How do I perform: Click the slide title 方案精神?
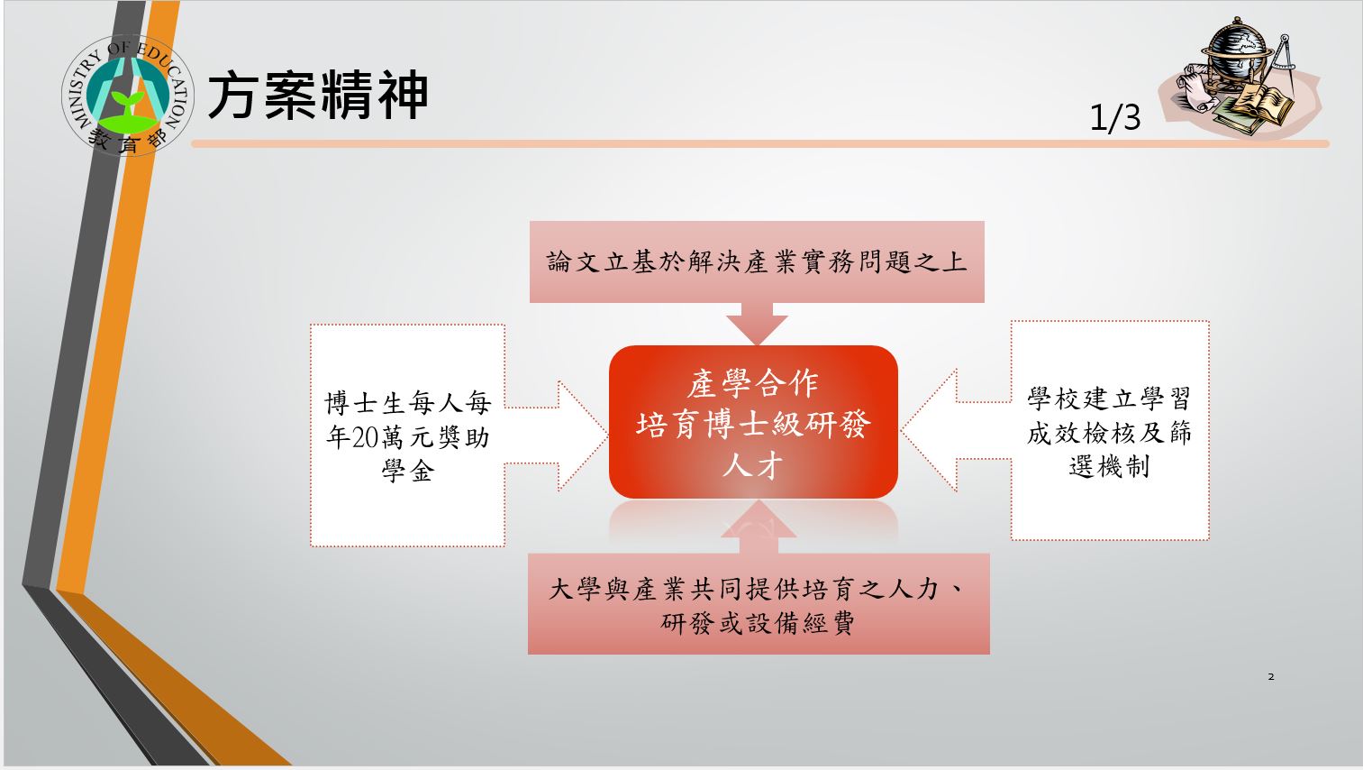click(x=318, y=95)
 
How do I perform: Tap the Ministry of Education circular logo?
click(x=128, y=95)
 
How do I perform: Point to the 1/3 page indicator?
click(x=1114, y=117)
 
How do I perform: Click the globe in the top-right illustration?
click(x=1237, y=47)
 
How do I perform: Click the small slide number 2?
click(x=1271, y=677)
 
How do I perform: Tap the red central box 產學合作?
click(x=753, y=422)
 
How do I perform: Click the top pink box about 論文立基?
click(x=757, y=262)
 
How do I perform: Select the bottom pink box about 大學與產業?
click(x=759, y=604)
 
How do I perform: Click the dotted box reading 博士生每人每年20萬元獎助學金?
click(x=408, y=435)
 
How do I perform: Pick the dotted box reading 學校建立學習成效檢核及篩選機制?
click(x=1110, y=431)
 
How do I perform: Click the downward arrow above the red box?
click(x=757, y=324)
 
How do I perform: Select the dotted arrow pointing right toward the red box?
click(x=556, y=435)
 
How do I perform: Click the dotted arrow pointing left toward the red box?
click(x=956, y=430)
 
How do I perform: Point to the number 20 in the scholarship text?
click(x=365, y=437)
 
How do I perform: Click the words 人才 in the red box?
click(x=752, y=466)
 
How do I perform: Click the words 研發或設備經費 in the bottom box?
click(x=759, y=622)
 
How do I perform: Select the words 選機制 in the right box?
click(x=1109, y=467)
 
